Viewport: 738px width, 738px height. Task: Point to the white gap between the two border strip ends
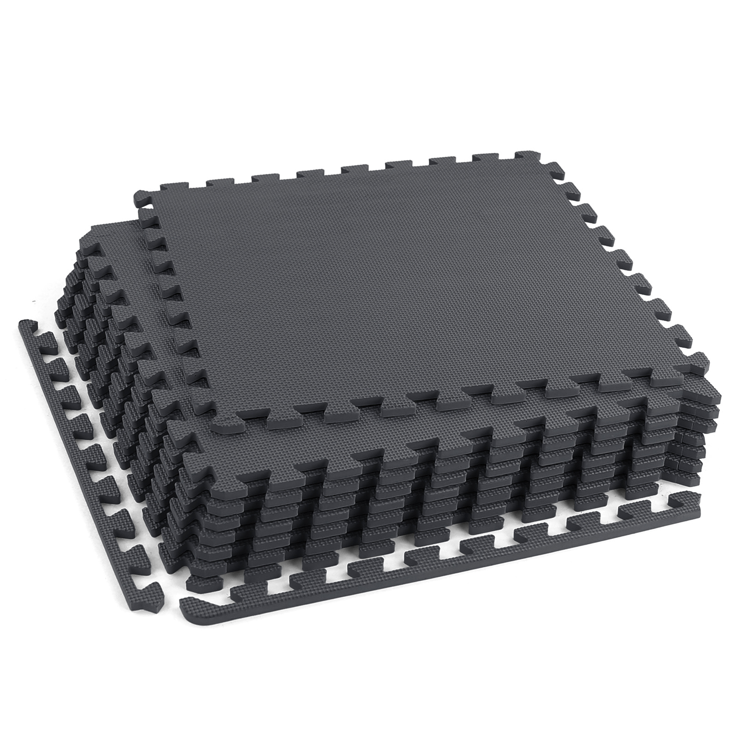tap(171, 600)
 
